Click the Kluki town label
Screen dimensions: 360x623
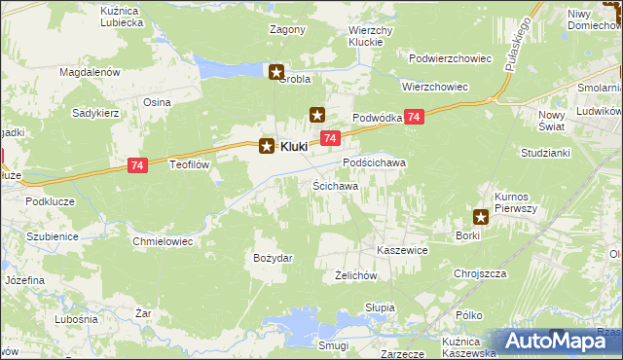click(294, 147)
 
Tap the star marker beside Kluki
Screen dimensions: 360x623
click(266, 147)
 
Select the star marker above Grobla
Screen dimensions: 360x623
click(277, 71)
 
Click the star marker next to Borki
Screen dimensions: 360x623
click(482, 217)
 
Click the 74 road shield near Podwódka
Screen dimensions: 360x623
click(416, 117)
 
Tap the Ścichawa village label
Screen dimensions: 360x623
click(335, 185)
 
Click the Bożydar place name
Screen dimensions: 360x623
click(273, 257)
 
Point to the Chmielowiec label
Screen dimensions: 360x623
click(163, 240)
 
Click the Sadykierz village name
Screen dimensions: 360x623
click(95, 112)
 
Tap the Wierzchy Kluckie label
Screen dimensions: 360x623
click(370, 37)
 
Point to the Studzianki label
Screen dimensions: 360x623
click(544, 154)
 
